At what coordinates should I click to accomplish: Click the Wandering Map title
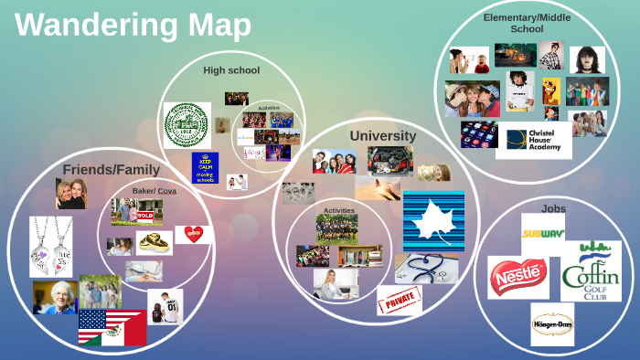(x=133, y=25)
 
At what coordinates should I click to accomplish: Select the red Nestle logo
(x=517, y=277)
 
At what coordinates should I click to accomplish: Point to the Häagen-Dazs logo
(x=552, y=323)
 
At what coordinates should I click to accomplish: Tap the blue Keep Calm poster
(x=206, y=167)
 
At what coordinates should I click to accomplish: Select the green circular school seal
(x=187, y=123)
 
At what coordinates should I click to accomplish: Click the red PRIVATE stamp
(x=400, y=300)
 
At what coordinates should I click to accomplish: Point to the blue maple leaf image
(x=433, y=220)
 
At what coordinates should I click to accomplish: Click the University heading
(x=382, y=136)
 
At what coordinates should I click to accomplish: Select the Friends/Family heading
(x=111, y=169)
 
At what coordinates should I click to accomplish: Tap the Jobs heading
(x=553, y=208)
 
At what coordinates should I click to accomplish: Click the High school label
(x=231, y=69)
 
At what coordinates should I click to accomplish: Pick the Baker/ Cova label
(x=154, y=190)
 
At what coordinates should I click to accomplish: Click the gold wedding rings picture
(x=155, y=242)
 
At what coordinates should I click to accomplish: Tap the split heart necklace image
(x=50, y=247)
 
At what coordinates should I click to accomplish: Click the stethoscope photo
(x=427, y=267)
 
